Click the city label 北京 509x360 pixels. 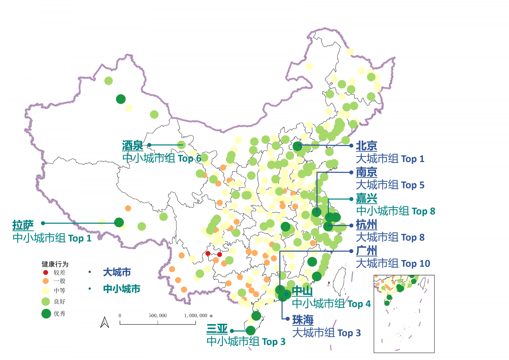[366, 146]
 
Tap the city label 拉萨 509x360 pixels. [23, 225]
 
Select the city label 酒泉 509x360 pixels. [133, 146]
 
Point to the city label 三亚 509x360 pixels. [217, 329]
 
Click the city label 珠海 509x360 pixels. [303, 320]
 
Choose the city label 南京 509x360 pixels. [366, 172]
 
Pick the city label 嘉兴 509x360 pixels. [366, 198]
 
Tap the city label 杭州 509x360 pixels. [366, 224]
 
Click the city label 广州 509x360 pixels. [366, 251]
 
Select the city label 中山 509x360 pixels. [302, 291]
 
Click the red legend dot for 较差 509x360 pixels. [45, 272]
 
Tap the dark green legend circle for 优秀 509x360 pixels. [46, 313]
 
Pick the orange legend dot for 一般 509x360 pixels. [45, 281]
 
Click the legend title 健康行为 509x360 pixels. [55, 264]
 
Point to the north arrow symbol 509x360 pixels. [105, 322]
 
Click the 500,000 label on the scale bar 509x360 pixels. [158, 316]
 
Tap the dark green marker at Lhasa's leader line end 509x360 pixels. [119, 222]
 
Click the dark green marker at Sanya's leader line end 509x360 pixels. [250, 330]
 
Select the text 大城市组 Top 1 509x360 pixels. [390, 159]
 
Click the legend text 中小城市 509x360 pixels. [121, 289]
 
